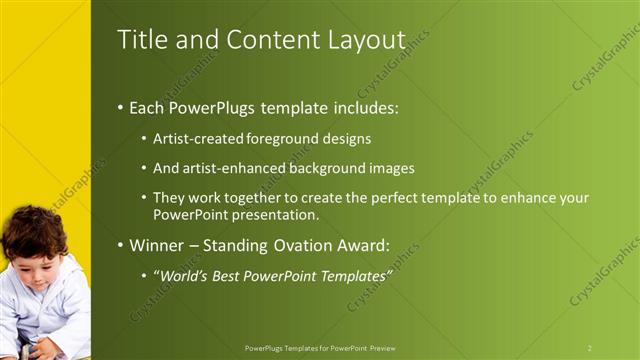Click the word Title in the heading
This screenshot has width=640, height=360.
[x=139, y=40]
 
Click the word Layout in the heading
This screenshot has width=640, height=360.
[x=365, y=40]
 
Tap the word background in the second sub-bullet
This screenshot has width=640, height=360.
[x=325, y=168]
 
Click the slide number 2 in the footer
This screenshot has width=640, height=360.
[x=589, y=348]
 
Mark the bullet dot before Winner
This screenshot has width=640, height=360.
[x=121, y=246]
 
